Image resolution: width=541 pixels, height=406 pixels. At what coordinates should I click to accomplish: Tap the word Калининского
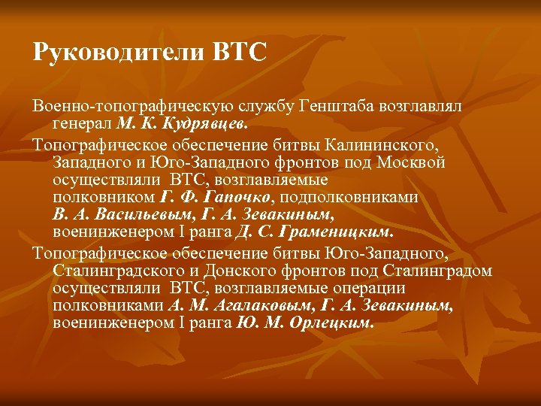pos(379,143)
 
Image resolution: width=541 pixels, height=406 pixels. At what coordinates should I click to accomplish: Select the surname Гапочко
pos(239,197)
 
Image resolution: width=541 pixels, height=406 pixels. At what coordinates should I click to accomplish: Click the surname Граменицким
pos(346,232)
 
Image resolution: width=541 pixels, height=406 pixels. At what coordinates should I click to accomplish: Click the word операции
pos(368,288)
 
